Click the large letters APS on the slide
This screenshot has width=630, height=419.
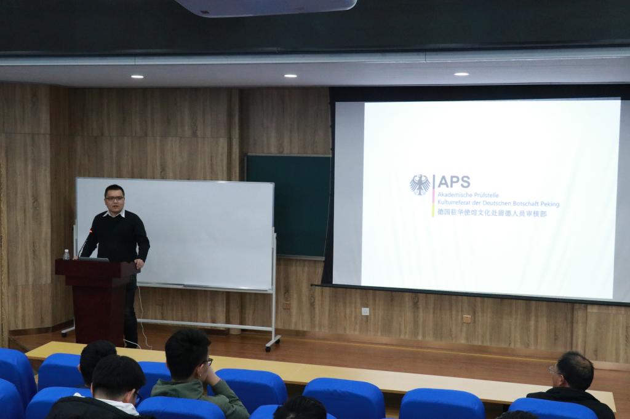coord(453,182)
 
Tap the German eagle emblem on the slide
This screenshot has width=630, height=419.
coord(420,185)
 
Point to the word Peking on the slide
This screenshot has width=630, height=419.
coord(550,204)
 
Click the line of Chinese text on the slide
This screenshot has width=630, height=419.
coord(492,214)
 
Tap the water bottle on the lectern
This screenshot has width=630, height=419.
coord(66,254)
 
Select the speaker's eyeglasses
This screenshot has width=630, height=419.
coord(114,198)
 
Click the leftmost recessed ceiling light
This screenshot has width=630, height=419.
coord(137,77)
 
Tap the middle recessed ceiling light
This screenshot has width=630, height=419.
coord(290,76)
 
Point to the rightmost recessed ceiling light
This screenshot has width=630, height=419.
coord(461,74)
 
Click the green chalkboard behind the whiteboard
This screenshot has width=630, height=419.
coord(289,205)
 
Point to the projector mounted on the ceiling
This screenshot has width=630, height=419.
coord(266,7)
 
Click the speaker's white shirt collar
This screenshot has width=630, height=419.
coord(114,214)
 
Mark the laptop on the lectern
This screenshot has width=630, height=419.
coord(94,259)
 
